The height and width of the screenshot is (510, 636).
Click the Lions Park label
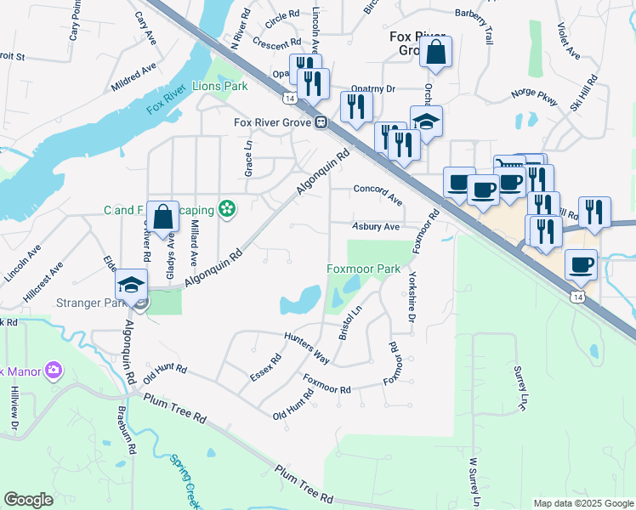coord(219,86)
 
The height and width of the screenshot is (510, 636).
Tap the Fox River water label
coord(165,104)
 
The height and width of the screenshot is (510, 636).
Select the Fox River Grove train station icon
coord(322,122)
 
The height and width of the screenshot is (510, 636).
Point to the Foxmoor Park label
coord(364,269)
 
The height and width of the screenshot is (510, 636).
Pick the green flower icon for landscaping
coord(226,208)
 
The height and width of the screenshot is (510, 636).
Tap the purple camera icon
coord(54,370)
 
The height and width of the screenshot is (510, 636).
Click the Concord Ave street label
coord(378,193)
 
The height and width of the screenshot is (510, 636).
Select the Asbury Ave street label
coord(376,227)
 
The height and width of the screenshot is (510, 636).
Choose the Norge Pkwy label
coord(533,97)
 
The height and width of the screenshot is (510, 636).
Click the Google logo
coord(28,500)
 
